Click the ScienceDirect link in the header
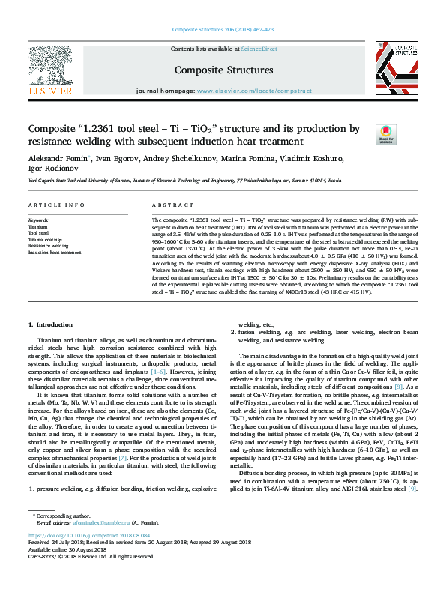(259, 49)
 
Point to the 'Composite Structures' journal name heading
(223, 70)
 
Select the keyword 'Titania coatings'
(45, 239)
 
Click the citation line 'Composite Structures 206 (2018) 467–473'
(223, 30)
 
